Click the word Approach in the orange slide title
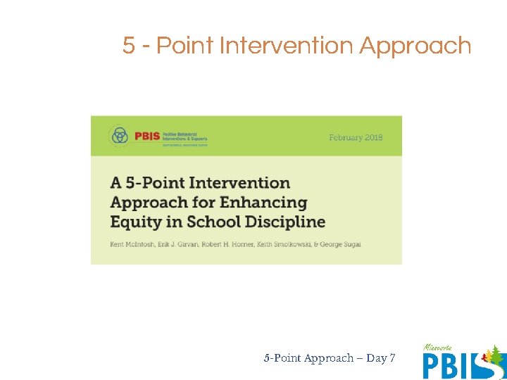pyautogui.click(x=415, y=46)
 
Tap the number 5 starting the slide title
pyautogui.click(x=128, y=46)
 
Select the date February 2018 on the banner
pyautogui.click(x=356, y=137)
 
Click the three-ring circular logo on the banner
pyautogui.click(x=120, y=136)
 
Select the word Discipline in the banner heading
pyautogui.click(x=287, y=222)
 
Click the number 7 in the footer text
pyautogui.click(x=392, y=358)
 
